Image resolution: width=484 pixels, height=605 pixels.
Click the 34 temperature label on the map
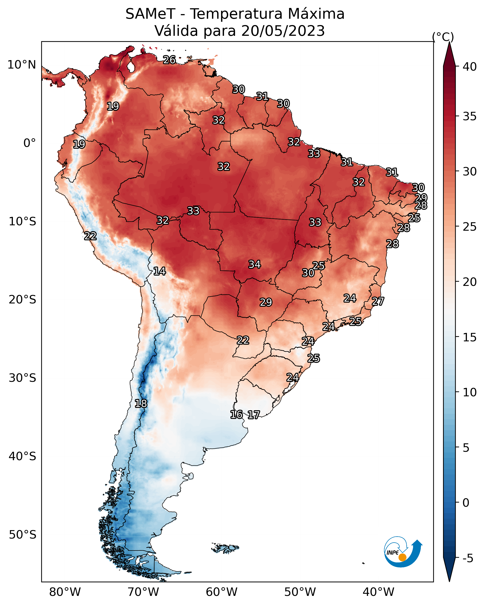click(x=255, y=264)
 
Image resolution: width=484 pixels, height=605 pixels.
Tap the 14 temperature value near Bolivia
click(x=159, y=271)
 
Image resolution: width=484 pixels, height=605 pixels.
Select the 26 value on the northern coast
click(x=169, y=60)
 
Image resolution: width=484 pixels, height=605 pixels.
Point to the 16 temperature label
click(x=236, y=415)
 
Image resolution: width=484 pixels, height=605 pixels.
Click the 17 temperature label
click(x=254, y=415)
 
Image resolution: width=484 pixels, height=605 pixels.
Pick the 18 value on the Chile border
click(x=141, y=404)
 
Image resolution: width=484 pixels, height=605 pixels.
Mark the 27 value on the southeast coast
click(x=378, y=301)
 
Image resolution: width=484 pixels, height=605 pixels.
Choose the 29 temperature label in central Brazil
click(x=266, y=302)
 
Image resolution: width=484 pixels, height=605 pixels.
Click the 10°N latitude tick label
click(x=22, y=65)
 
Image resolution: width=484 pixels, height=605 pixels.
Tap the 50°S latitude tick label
click(x=22, y=535)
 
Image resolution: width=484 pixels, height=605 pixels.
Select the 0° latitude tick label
click(x=30, y=143)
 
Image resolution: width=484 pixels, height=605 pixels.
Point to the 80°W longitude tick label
click(x=65, y=592)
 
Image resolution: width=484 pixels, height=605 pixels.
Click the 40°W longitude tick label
click(x=378, y=592)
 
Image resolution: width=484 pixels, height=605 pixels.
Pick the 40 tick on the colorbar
click(x=470, y=67)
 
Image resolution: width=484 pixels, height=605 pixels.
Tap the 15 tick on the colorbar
click(x=470, y=337)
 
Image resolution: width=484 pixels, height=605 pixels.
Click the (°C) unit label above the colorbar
click(x=443, y=37)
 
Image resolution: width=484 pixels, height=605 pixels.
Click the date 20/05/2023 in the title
click(x=283, y=31)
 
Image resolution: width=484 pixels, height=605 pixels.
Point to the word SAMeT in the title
click(x=150, y=14)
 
